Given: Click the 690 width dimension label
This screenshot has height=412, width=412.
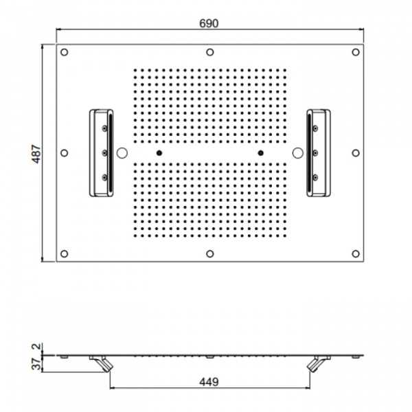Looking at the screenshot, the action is (209, 23).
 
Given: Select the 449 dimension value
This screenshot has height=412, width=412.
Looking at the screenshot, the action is (209, 382).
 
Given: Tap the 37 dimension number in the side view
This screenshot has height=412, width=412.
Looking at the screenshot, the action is (36, 364).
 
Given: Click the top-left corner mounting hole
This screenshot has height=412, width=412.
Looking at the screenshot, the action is (64, 52).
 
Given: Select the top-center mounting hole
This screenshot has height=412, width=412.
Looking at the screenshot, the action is (209, 52).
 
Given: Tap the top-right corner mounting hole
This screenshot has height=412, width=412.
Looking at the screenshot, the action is (356, 52).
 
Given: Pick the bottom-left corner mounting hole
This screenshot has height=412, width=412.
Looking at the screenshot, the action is (64, 253).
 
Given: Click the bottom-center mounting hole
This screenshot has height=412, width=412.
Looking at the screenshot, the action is (209, 253).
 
